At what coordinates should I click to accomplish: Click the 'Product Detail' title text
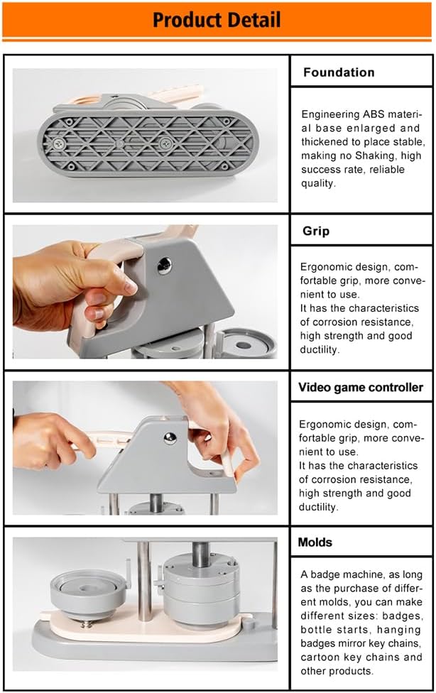click(x=217, y=20)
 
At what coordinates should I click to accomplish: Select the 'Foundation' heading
click(x=339, y=72)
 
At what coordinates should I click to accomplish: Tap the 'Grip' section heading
click(x=316, y=231)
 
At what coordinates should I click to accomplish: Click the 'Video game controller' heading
click(x=361, y=387)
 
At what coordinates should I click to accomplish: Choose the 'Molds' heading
click(x=315, y=542)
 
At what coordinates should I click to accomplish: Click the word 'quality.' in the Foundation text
click(x=318, y=183)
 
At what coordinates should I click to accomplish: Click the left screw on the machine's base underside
click(x=58, y=142)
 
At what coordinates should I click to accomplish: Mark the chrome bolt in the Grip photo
click(x=164, y=266)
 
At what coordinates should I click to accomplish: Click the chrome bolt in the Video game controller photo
click(x=170, y=437)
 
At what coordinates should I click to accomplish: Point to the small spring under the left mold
click(x=87, y=623)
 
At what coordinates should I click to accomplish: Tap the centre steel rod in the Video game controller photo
click(x=156, y=503)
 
